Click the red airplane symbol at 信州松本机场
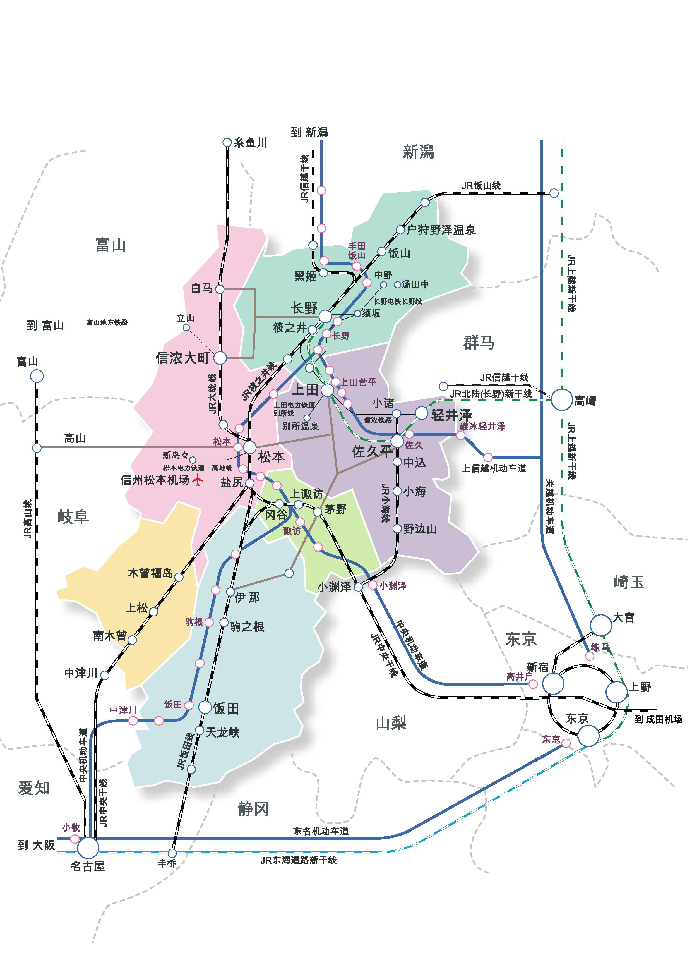[197, 480]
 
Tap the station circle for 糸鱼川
[227, 142]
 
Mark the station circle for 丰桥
[172, 853]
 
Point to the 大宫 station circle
[600, 625]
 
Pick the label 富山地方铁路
[107, 322]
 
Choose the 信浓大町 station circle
[220, 358]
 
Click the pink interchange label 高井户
[519, 676]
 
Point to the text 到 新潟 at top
[309, 132]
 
